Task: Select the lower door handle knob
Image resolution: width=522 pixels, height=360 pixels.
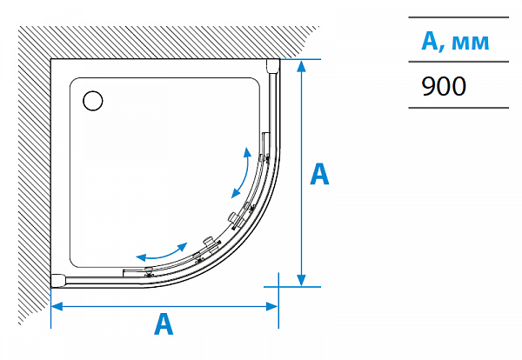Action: (x=207, y=241)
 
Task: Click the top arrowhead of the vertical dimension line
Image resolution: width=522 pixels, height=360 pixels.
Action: (x=301, y=66)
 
